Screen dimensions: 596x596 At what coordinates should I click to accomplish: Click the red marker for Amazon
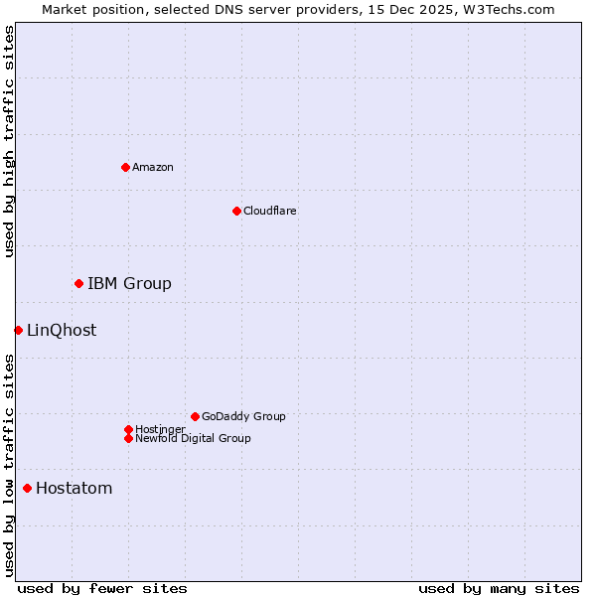point(125,167)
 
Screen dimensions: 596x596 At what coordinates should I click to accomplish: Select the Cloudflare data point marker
point(236,211)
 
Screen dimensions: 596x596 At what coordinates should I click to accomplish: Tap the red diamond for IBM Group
point(78,284)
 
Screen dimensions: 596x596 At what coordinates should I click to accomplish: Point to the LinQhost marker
point(18,330)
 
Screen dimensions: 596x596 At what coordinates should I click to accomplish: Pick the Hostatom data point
point(27,488)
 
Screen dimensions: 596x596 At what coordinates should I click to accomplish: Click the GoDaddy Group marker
point(195,416)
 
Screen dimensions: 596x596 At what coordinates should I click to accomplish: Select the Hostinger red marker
point(128,429)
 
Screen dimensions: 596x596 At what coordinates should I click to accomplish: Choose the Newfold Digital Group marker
point(128,438)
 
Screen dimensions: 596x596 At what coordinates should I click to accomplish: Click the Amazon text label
point(153,167)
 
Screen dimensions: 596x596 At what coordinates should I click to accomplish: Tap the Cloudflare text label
point(270,211)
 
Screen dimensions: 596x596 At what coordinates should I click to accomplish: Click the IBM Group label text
point(129,284)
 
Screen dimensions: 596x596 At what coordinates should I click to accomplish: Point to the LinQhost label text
point(62,331)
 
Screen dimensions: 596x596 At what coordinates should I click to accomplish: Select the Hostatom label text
point(74,489)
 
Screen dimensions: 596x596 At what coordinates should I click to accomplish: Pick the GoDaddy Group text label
point(243,416)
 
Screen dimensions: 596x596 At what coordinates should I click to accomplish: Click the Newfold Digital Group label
point(193,438)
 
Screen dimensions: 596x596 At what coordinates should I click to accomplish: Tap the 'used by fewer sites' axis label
point(102,588)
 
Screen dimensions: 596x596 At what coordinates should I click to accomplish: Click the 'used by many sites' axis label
point(499,588)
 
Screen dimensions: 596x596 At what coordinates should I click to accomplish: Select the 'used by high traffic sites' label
point(9,142)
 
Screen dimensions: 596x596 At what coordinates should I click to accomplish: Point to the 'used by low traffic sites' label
point(9,464)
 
